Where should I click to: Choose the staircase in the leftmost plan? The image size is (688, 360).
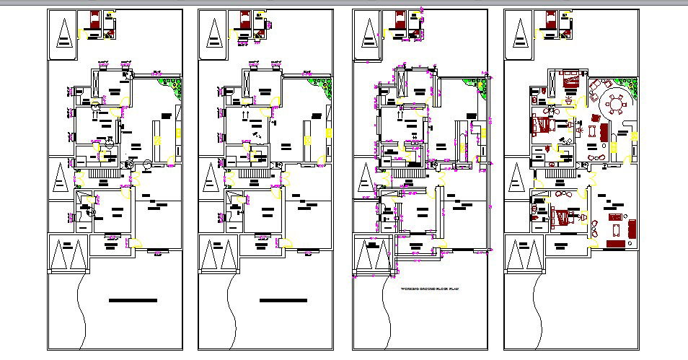[102, 177]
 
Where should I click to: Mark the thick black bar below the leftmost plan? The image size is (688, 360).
[133, 299]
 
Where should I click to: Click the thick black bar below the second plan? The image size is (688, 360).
[284, 299]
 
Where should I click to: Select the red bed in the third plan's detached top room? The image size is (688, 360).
[398, 19]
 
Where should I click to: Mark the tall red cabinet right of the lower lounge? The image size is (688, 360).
[632, 229]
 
